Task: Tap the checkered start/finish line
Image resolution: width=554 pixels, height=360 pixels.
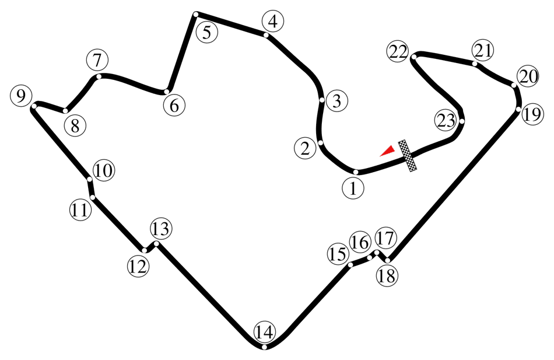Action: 408,156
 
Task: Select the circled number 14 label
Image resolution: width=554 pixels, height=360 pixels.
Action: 264,333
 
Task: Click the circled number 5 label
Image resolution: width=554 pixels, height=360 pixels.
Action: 206,33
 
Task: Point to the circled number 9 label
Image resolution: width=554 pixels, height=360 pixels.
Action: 21,96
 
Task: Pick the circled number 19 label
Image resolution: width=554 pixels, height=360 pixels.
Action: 532,114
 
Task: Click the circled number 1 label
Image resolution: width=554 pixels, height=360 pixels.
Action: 353,188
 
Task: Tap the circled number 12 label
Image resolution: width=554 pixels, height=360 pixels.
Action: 138,267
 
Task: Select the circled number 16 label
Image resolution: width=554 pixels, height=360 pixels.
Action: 360,243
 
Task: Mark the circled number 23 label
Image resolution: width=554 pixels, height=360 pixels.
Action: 446,121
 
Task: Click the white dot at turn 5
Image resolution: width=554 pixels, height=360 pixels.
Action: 196,14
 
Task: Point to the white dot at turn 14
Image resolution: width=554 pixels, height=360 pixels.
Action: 264,347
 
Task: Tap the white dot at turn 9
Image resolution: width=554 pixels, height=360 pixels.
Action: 34,106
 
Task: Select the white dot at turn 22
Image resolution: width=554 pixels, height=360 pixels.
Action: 414,57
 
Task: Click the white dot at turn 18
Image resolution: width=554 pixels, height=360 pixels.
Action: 388,261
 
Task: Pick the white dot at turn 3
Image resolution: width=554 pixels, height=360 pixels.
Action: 322,100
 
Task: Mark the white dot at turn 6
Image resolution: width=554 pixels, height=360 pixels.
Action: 166,92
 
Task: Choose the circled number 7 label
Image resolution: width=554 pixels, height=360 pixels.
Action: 97,60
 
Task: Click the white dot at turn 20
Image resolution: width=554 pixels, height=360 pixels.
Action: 514,85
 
